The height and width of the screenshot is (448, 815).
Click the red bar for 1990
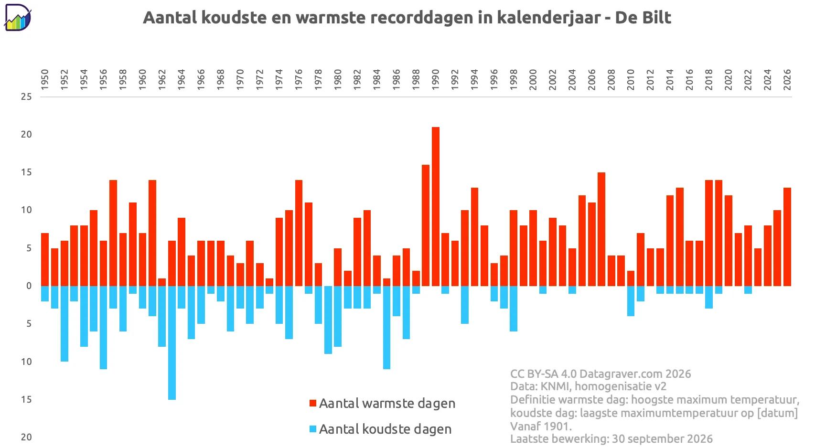[x=436, y=206]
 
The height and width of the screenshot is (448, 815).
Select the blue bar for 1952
[x=64, y=324]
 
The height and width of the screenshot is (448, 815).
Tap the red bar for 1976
[x=299, y=233]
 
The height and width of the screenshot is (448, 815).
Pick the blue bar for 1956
[x=103, y=328]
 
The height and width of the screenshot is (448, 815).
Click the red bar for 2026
[x=787, y=237]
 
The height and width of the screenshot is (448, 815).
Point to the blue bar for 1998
[x=514, y=309]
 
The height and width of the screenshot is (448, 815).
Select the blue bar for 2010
[x=631, y=301]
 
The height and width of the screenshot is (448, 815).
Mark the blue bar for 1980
[x=338, y=316]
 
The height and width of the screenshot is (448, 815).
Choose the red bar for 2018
[x=709, y=233]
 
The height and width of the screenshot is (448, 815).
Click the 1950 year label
[x=45, y=80]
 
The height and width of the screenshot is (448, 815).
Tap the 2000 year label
[x=533, y=80]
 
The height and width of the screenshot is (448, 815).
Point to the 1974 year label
[x=279, y=80]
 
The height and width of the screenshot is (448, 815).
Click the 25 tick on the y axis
[x=26, y=97]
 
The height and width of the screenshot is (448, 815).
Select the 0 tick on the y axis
[x=29, y=286]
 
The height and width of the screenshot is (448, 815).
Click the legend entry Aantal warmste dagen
[x=382, y=403]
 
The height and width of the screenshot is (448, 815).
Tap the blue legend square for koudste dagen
[x=312, y=429]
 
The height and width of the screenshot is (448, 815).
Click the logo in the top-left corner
[x=18, y=17]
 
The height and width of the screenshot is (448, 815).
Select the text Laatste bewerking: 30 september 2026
[x=611, y=438]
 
